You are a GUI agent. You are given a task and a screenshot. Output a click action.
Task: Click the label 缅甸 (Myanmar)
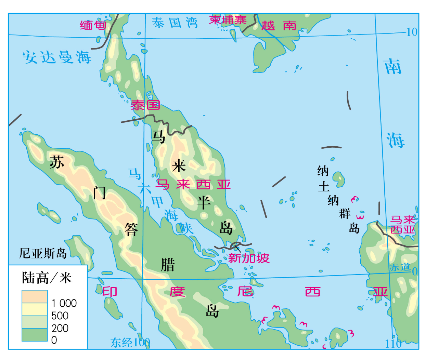(x=93, y=25)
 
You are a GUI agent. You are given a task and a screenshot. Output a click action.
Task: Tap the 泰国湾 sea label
(x=175, y=23)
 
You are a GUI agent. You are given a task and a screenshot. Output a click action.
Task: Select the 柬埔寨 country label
(x=228, y=20)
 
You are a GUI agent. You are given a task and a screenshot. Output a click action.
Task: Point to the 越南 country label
(x=279, y=26)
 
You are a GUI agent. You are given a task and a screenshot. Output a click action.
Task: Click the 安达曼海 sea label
(x=57, y=57)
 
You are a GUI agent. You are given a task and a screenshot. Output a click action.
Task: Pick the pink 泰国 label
(x=145, y=105)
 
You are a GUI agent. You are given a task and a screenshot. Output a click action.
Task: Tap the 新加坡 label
(x=249, y=258)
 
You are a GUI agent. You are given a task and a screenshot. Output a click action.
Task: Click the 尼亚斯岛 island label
(x=43, y=253)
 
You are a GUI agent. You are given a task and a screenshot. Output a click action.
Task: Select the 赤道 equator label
(x=400, y=267)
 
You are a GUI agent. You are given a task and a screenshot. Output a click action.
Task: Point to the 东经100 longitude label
(x=130, y=343)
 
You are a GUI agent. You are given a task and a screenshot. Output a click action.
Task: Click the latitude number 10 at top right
(x=412, y=32)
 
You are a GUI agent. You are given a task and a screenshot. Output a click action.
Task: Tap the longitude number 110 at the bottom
(x=393, y=344)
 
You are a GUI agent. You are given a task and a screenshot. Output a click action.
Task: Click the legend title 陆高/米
(x=47, y=278)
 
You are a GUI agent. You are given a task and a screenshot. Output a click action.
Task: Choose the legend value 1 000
(x=64, y=303)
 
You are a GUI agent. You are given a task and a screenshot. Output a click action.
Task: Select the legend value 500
(x=60, y=316)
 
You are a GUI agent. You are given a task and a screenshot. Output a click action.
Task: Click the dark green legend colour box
(x=35, y=335)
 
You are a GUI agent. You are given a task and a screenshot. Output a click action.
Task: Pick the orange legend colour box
(x=35, y=296)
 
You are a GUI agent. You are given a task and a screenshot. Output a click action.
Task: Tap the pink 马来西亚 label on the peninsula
(x=193, y=185)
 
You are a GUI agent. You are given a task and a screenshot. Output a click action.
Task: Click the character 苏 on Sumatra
(x=57, y=162)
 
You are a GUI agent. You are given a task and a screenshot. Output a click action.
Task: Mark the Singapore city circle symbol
(x=236, y=245)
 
